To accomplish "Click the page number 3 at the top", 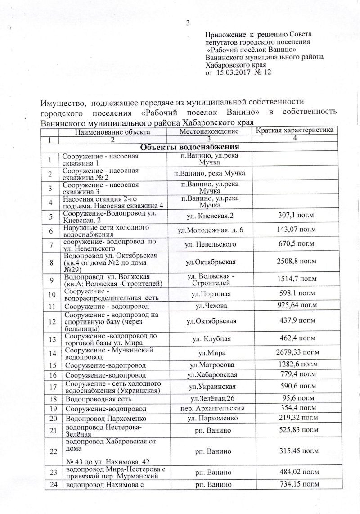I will coord(189,23).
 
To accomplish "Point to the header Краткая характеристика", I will coord(295,131).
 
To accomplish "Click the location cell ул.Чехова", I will coord(209,306).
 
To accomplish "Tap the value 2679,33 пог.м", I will coord(295,351).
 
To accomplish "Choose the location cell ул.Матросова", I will coord(209,363).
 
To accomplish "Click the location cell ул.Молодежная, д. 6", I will coord(209,230).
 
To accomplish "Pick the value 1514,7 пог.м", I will coord(295,280).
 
